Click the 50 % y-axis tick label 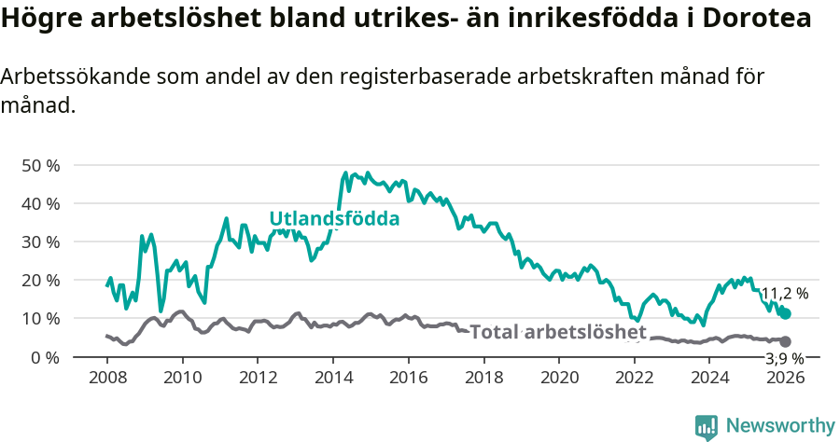click(x=40, y=165)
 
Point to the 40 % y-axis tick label click(x=40, y=203)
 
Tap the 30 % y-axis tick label click(x=40, y=242)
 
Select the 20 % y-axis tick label click(x=40, y=280)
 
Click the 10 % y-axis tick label click(x=40, y=318)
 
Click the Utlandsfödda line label click(x=334, y=219)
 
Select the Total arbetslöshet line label click(x=557, y=332)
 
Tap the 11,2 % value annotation click(x=784, y=293)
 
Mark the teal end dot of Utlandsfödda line click(x=786, y=314)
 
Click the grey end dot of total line click(x=786, y=342)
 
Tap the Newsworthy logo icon click(x=707, y=426)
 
